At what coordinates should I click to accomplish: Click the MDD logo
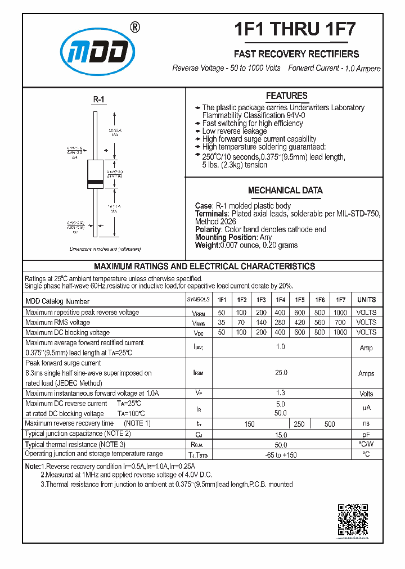click(98, 52)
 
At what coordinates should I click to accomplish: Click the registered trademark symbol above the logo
click(135, 27)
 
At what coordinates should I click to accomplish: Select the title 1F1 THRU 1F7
click(294, 29)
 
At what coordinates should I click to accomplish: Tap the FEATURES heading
click(286, 96)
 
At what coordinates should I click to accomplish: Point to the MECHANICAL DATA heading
click(285, 191)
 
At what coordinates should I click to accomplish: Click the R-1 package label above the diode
click(98, 100)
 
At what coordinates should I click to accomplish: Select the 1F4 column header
click(280, 300)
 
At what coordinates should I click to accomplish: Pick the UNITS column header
click(366, 300)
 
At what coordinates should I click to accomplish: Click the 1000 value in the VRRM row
click(340, 313)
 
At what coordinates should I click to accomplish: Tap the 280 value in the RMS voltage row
click(280, 323)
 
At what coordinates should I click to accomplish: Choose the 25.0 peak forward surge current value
click(280, 373)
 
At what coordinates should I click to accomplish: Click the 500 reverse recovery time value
click(330, 424)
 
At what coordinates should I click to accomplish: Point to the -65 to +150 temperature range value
click(280, 454)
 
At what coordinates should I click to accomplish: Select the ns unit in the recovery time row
click(366, 423)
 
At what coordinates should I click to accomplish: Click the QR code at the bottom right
click(353, 520)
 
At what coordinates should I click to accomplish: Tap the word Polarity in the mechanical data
click(208, 230)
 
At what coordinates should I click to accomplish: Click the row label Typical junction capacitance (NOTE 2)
click(78, 433)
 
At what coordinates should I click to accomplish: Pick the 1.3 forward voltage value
click(280, 393)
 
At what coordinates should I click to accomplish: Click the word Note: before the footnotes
click(33, 467)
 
